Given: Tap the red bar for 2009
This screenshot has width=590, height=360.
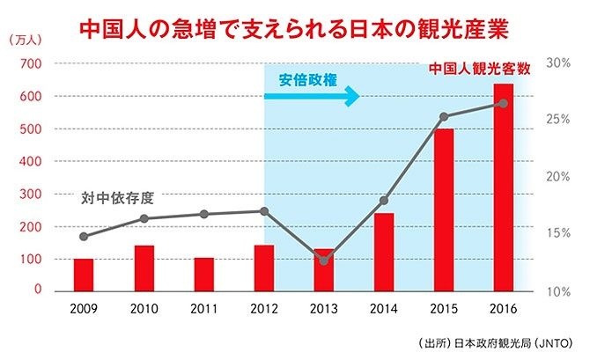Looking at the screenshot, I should (84, 275).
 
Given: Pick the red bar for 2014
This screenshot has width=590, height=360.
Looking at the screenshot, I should (383, 252).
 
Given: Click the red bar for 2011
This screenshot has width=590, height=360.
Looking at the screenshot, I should (203, 275).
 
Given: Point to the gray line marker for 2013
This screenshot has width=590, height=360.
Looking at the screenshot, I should (324, 261).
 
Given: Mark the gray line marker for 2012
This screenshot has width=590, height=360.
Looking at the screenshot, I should (264, 211).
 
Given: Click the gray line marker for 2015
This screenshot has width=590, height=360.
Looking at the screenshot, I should (444, 116).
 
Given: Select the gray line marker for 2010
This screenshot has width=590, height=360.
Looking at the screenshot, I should (144, 218).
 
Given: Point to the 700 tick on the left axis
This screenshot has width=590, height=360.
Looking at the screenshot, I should (31, 63).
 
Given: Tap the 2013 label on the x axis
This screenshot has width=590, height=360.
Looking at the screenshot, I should (323, 309).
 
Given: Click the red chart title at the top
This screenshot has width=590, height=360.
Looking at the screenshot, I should (294, 27).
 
